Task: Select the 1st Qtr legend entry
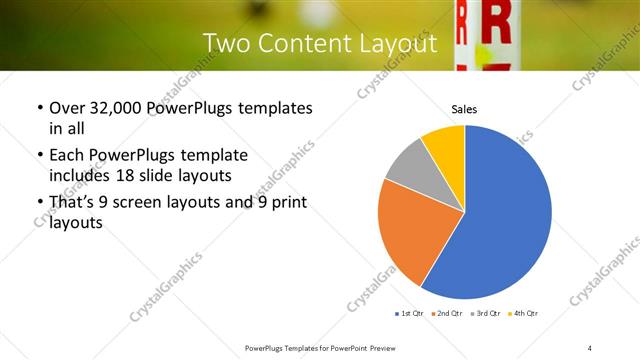(x=411, y=314)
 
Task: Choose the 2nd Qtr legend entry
(x=446, y=314)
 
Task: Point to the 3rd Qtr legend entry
(x=485, y=314)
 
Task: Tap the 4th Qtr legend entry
(x=523, y=314)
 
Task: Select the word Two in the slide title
(x=225, y=44)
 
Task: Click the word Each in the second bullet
(x=66, y=156)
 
